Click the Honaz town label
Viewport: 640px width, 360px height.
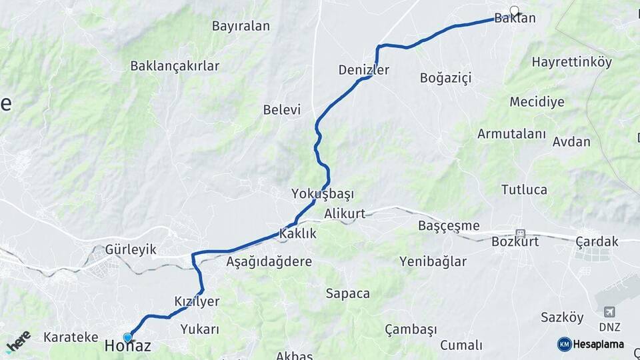tap(127, 346)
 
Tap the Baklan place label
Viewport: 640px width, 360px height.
tap(515, 19)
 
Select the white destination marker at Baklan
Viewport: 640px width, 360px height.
tap(514, 10)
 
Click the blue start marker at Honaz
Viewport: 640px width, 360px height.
tap(127, 337)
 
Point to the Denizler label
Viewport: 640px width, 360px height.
tap(363, 70)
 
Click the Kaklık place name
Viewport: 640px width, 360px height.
tap(297, 234)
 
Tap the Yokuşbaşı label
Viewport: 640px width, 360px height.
tap(323, 194)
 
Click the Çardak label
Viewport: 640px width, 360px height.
tap(597, 241)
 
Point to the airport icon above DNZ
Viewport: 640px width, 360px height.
tap(609, 312)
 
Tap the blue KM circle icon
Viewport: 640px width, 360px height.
tap(564, 344)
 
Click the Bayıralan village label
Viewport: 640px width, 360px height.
tap(241, 27)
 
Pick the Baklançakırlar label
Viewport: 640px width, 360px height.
tap(175, 66)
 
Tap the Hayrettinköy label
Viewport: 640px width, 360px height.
tap(571, 62)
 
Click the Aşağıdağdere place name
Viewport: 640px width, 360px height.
tap(269, 261)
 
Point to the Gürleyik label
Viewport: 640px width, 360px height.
tap(131, 250)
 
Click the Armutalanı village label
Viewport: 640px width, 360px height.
tap(511, 133)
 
